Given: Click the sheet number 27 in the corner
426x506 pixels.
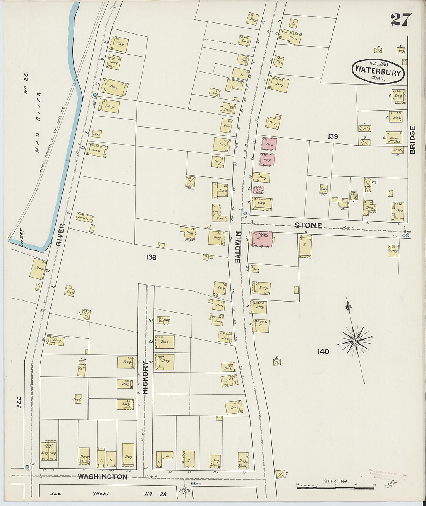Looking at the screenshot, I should (x=401, y=19).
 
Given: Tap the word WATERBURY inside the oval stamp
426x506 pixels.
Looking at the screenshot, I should (x=378, y=71).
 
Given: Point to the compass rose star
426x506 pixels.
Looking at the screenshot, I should (x=355, y=340).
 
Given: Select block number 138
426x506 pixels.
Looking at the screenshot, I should (x=151, y=257).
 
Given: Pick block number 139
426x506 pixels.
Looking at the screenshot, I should (x=333, y=136).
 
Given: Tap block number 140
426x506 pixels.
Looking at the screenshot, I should (x=323, y=351).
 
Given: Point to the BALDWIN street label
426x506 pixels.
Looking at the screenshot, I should (x=238, y=247).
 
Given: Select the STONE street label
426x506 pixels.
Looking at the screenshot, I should (x=308, y=225).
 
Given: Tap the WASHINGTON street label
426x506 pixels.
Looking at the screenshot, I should (x=102, y=477).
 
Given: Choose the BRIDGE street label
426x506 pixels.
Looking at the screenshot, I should (x=412, y=140).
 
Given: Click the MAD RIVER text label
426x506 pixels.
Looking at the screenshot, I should (x=37, y=122).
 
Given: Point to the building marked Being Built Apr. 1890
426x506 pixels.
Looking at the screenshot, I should (x=393, y=138).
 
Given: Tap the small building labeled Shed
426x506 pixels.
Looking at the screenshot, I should (x=77, y=399).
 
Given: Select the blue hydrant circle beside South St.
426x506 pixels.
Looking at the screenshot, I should (x=193, y=484).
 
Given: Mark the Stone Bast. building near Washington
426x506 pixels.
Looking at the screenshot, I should (x=49, y=450).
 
